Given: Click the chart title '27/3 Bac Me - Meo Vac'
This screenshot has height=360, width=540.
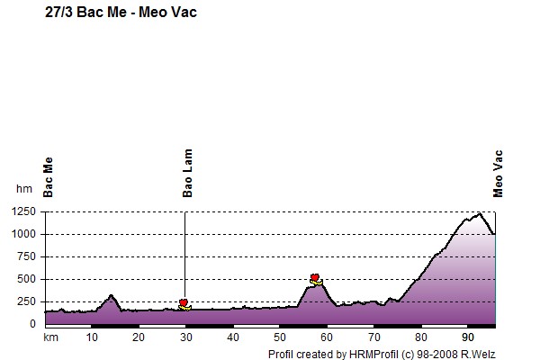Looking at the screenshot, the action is click(x=121, y=13).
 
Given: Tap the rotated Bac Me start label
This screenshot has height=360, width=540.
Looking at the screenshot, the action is click(x=49, y=177).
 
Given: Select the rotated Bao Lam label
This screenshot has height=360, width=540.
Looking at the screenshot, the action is click(x=187, y=173).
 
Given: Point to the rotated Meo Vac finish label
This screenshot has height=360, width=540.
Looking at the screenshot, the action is click(x=498, y=174).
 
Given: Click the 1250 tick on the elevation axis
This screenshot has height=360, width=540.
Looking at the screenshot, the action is click(x=23, y=211).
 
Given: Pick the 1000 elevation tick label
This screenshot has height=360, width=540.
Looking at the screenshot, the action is click(x=23, y=234).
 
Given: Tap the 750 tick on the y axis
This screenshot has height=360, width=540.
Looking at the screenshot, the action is click(x=26, y=256).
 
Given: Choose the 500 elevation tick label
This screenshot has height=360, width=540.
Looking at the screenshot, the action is click(x=26, y=279).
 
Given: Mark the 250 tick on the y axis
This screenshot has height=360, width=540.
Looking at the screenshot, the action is click(x=26, y=301).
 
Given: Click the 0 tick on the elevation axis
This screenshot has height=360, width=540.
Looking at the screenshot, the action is click(x=32, y=324).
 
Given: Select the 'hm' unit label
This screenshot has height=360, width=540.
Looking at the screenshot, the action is click(x=24, y=189).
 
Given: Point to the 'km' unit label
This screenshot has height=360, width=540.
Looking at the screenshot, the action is click(x=50, y=337).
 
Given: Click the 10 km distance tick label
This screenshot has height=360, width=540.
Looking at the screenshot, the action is click(x=92, y=337).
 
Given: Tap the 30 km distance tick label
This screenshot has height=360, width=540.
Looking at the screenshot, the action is click(x=186, y=337).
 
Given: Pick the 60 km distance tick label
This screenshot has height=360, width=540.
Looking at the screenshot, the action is click(x=327, y=337).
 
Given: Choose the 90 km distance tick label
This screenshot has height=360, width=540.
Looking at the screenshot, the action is click(x=468, y=337).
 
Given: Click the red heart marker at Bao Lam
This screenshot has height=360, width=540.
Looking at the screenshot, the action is click(x=184, y=302).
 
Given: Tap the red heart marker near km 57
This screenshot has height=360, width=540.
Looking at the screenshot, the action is click(x=315, y=277).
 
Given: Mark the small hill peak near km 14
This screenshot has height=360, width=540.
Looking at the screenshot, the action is click(x=111, y=295).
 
